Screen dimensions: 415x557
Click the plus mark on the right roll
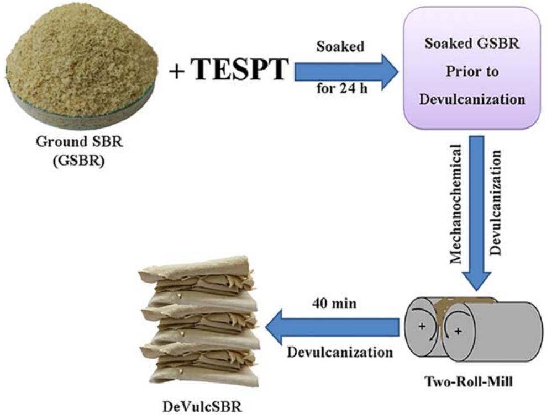click(x=459, y=332)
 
